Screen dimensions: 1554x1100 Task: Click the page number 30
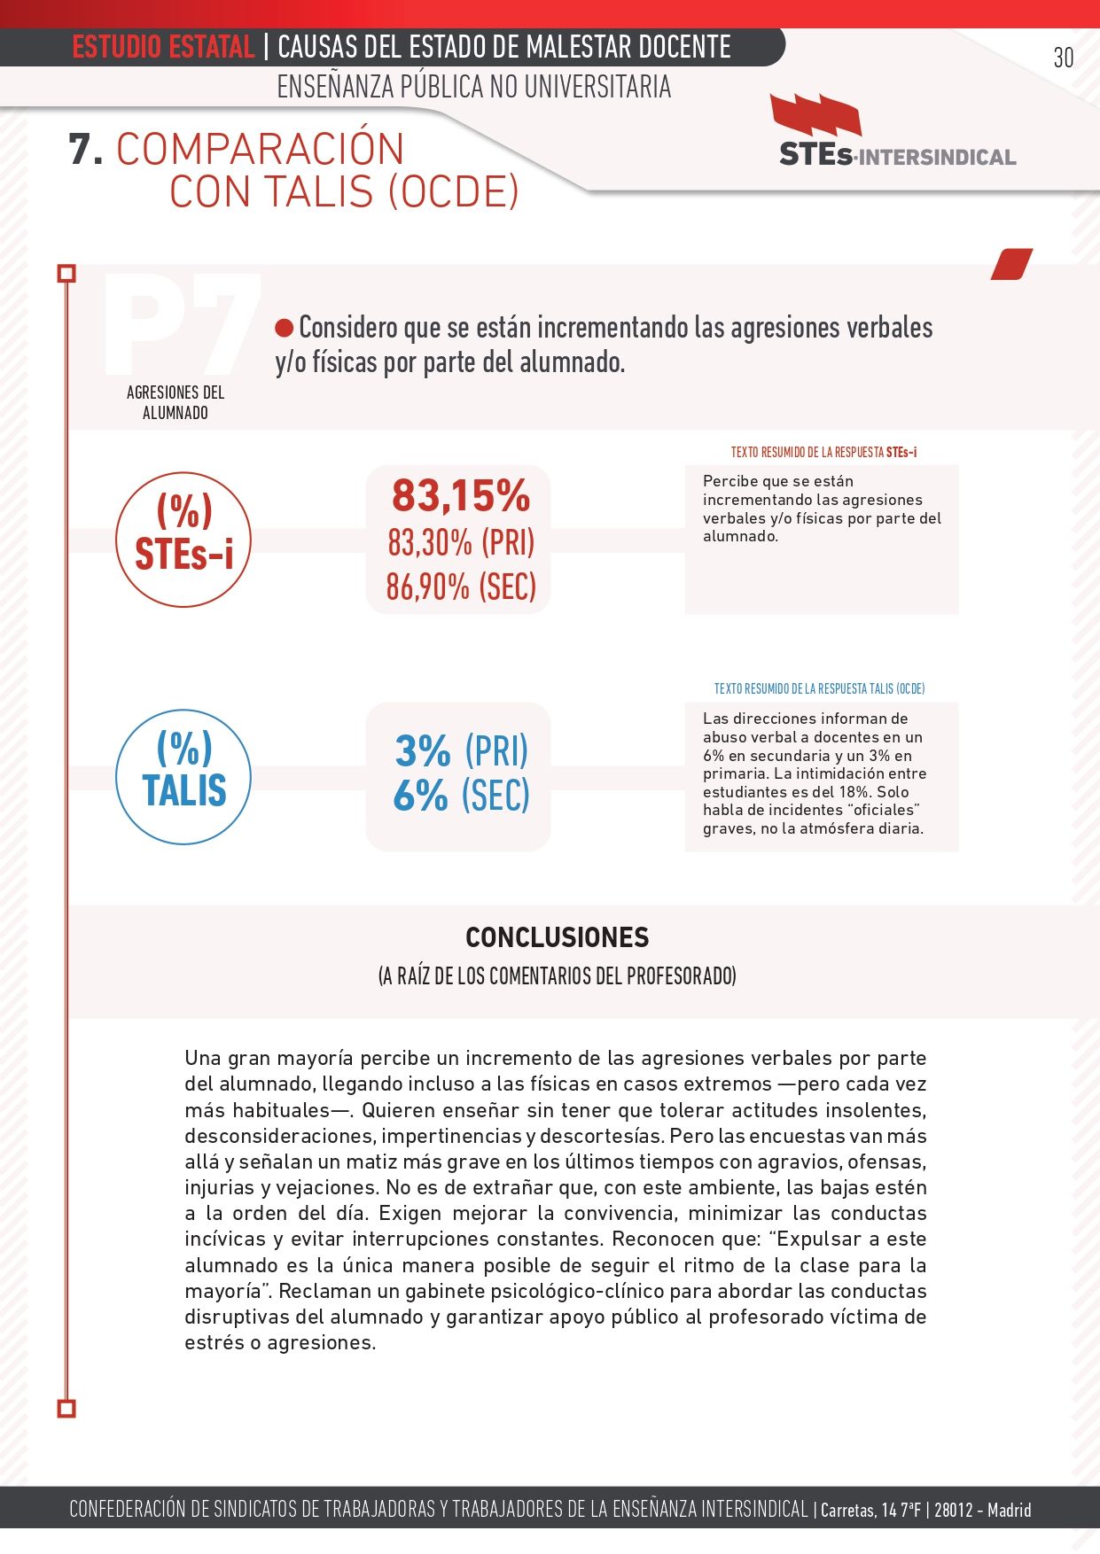[1063, 58]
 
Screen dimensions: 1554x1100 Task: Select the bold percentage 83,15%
[460, 495]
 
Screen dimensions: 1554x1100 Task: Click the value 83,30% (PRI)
[460, 542]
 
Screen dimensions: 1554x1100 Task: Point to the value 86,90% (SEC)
[460, 587]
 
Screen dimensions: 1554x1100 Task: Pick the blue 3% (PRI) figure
[460, 751]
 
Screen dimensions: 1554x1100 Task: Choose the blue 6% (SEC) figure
[460, 795]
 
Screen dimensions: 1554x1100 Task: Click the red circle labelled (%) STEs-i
[183, 540]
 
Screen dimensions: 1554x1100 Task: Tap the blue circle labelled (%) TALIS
[183, 776]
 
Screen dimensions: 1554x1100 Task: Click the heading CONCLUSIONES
[557, 937]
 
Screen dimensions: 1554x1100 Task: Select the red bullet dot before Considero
[284, 329]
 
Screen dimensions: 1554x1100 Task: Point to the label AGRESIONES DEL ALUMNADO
[176, 402]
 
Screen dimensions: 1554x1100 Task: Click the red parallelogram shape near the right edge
[1011, 264]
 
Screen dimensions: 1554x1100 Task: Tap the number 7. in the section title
[86, 149]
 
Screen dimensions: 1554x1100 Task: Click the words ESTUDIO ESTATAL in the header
[163, 47]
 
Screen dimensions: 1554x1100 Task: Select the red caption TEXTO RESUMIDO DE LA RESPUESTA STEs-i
[823, 452]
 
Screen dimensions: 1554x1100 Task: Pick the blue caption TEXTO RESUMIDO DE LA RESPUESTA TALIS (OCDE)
[819, 688]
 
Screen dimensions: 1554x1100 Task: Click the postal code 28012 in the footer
[953, 1510]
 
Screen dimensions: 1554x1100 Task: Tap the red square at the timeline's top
[66, 273]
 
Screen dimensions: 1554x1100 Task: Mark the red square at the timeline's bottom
[66, 1408]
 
